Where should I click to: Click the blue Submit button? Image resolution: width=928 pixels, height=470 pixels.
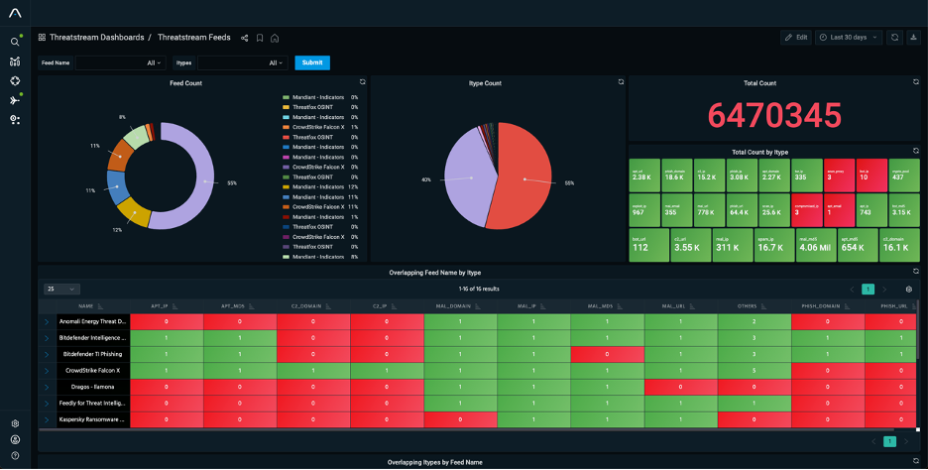pos(312,62)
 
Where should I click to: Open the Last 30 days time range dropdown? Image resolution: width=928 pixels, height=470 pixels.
pos(848,37)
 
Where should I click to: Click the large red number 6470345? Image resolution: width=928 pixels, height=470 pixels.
pos(774,116)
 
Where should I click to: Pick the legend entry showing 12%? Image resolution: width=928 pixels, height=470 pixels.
pos(319,186)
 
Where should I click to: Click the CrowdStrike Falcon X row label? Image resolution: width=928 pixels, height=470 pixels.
pos(92,370)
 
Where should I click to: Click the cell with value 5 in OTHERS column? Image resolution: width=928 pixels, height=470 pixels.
pos(754,370)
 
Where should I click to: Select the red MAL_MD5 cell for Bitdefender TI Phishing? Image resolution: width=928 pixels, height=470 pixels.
pos(607,354)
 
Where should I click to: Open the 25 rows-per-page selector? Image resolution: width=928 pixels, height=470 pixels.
pos(60,289)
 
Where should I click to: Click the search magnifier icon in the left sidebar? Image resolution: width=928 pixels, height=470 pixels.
pos(15,42)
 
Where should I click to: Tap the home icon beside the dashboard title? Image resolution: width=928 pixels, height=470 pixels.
pos(275,38)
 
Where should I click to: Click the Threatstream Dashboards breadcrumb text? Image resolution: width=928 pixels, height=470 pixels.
pos(96,37)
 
